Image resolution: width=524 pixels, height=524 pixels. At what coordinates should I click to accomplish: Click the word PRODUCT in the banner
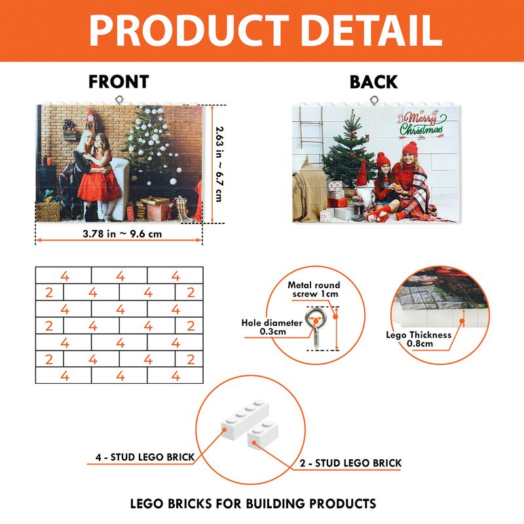click(x=189, y=31)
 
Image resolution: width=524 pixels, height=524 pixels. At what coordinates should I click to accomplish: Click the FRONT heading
click(x=119, y=82)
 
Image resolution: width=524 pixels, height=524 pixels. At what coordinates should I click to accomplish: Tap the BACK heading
click(x=373, y=83)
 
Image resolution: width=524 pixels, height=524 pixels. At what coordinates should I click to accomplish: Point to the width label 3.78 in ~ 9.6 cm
click(x=122, y=234)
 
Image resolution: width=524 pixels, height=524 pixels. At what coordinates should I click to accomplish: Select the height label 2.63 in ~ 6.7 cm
click(x=219, y=164)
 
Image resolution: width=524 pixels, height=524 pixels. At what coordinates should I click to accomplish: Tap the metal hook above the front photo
click(x=119, y=100)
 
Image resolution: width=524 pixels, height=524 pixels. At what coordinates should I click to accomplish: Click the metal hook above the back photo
click(x=374, y=100)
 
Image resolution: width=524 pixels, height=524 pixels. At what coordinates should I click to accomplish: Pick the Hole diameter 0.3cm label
click(x=272, y=327)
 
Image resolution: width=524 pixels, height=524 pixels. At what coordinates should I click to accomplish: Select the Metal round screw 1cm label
click(x=314, y=290)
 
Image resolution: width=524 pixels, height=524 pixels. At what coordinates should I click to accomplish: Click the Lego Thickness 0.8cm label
click(x=419, y=339)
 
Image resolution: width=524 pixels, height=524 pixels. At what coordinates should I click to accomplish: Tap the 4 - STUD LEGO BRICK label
click(x=145, y=457)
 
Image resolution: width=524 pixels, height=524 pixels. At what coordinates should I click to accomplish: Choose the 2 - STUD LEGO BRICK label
click(x=350, y=463)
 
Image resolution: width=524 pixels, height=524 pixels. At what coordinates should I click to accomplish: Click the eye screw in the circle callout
click(x=316, y=327)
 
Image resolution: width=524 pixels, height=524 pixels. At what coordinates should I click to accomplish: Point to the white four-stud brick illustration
click(x=245, y=419)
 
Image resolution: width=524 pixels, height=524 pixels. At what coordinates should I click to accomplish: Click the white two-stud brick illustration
click(x=263, y=434)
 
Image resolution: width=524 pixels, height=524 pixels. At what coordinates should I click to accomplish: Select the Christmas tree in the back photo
click(x=348, y=154)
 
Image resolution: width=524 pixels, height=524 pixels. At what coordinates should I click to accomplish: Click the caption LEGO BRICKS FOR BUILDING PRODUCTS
click(x=253, y=504)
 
